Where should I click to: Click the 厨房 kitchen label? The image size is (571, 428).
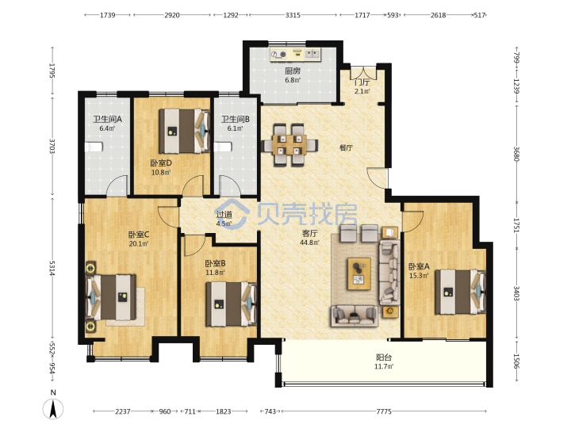click(x=293, y=71)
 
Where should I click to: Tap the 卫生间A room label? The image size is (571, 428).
click(x=107, y=119)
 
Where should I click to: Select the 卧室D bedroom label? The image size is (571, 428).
click(x=161, y=162)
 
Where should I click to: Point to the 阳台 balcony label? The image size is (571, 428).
click(x=384, y=357)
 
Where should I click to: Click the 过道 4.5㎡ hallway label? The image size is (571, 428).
click(x=224, y=219)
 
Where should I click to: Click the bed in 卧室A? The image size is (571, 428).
click(x=461, y=292)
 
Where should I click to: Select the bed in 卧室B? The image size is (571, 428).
click(x=232, y=304)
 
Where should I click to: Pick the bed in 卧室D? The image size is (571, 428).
click(x=185, y=131)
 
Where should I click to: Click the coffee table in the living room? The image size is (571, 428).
click(x=359, y=273)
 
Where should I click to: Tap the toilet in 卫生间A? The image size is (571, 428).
click(x=94, y=147)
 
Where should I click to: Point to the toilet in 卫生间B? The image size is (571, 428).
click(x=223, y=147)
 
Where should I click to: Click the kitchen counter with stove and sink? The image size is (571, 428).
click(x=295, y=55)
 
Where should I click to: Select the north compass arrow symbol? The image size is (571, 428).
click(x=53, y=408)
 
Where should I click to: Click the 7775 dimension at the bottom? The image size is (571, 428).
click(x=384, y=411)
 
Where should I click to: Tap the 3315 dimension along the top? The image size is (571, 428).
click(x=293, y=15)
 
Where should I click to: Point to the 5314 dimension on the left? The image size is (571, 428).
click(x=52, y=268)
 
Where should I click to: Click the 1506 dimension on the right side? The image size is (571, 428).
click(x=516, y=361)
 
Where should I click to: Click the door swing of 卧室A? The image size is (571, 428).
click(x=412, y=222)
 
